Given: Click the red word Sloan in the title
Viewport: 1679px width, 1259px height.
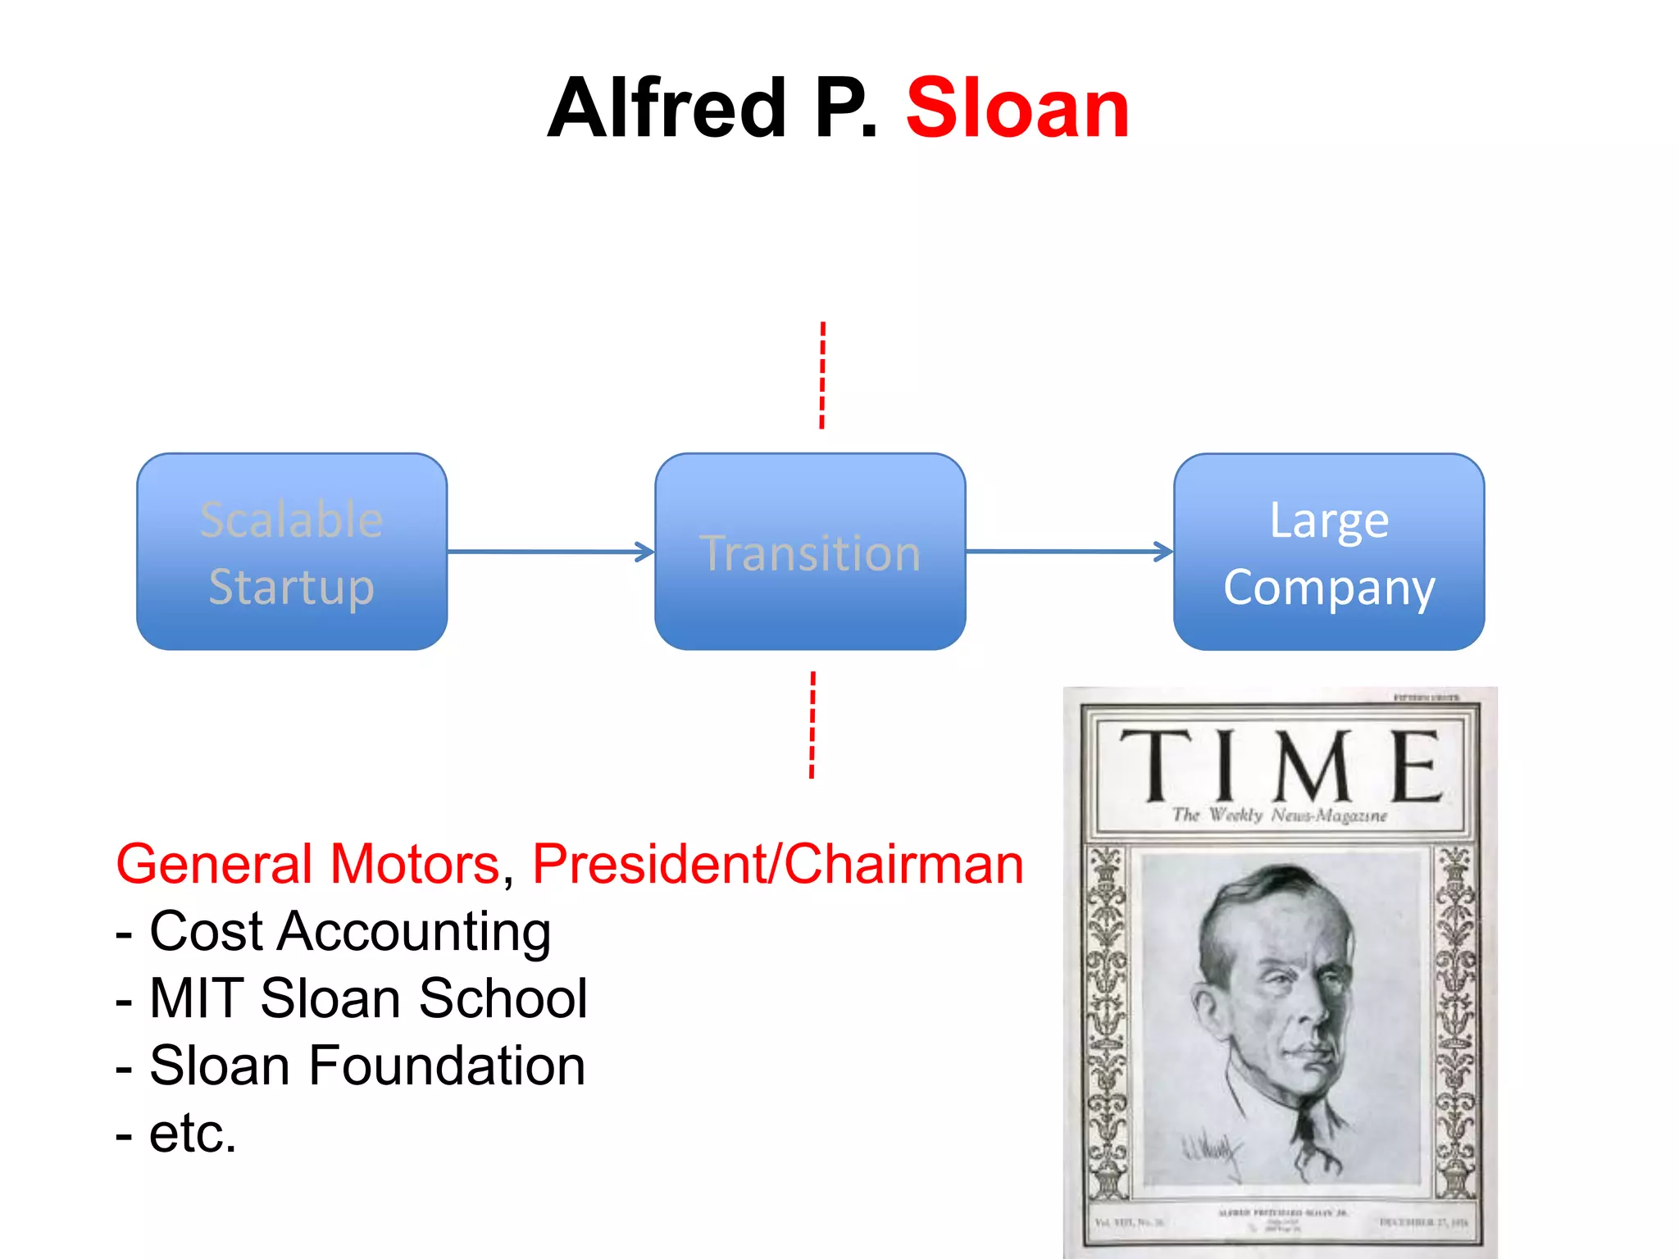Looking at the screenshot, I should point(1017,108).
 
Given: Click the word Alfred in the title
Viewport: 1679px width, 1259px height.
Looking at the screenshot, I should point(667,108).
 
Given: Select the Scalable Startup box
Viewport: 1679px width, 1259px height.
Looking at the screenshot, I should point(292,552).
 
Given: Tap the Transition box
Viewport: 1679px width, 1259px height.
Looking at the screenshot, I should point(810,552).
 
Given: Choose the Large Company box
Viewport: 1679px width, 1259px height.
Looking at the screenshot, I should point(1328,552).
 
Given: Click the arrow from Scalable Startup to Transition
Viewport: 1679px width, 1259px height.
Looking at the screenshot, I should point(550,552).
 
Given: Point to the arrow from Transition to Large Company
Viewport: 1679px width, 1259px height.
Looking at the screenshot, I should point(1069,552).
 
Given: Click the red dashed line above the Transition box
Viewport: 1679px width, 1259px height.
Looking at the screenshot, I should point(822,375).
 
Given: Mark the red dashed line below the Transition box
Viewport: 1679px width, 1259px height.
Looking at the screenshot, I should point(812,725).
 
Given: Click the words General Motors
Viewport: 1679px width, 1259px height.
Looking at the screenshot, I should point(307,864).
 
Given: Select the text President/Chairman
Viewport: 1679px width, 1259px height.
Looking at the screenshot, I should point(777,864).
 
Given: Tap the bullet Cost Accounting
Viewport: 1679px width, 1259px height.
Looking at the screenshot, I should point(348,932).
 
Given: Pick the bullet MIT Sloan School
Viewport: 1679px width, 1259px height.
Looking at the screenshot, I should point(367,998).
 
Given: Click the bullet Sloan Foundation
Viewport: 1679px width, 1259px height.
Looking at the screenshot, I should point(366,1066).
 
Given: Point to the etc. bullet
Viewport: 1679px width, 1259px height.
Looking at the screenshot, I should point(192,1133).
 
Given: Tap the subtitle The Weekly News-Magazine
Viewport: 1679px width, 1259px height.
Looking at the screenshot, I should point(1279,815).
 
